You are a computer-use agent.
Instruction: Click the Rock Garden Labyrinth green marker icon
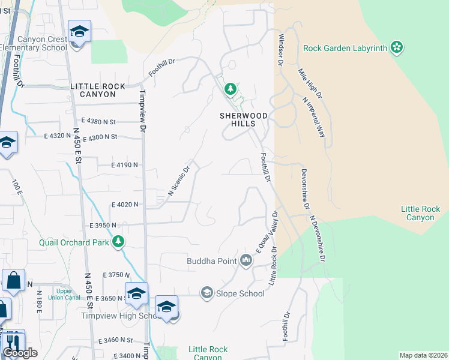point(396,47)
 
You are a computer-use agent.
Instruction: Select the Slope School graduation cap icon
point(207,293)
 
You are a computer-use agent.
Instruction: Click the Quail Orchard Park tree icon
point(119,242)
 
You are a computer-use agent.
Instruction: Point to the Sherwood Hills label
point(246,119)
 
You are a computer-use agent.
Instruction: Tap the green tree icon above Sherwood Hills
point(230,90)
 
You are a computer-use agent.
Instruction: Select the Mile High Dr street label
point(310,83)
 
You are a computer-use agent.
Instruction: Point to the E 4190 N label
point(124,164)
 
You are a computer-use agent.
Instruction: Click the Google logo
point(20,353)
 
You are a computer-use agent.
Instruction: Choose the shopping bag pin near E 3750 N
point(13,281)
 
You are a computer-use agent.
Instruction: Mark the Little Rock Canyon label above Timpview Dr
point(98,91)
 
